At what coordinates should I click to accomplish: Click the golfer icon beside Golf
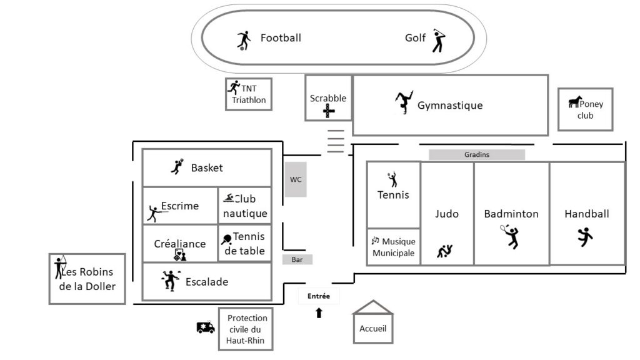439,41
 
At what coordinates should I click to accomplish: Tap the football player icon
244,40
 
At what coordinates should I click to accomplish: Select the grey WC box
296,180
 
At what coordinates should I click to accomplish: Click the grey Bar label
297,259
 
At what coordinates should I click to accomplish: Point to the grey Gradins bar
476,154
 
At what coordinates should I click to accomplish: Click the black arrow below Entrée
319,312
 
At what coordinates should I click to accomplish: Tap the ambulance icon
206,327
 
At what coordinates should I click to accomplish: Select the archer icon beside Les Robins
60,267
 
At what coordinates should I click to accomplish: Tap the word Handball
586,214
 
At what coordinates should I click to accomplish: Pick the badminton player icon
511,236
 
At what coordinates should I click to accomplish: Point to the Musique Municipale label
394,247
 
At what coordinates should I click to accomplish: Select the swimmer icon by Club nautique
229,198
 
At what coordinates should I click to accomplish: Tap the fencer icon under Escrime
153,214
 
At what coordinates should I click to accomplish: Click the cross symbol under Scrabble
329,112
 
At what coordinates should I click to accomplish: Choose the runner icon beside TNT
234,87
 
